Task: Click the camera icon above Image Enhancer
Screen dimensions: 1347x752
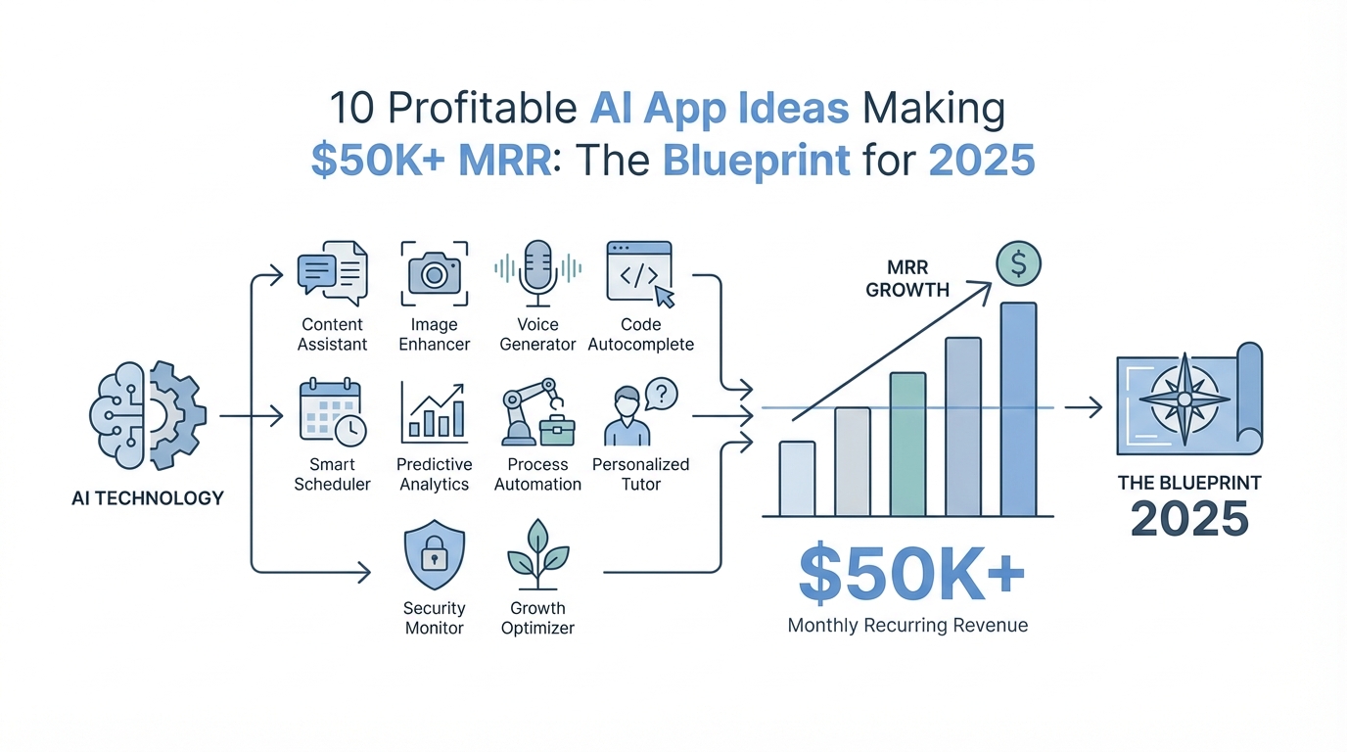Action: click(x=435, y=274)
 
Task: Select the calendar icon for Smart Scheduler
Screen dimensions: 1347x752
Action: click(x=333, y=412)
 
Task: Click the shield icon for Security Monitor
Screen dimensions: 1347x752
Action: click(x=435, y=554)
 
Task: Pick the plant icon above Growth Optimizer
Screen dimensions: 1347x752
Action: click(x=538, y=554)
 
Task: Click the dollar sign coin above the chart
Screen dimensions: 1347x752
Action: click(x=1018, y=263)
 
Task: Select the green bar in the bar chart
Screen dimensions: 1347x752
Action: click(x=907, y=444)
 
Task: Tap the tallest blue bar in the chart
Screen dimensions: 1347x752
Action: click(x=1018, y=409)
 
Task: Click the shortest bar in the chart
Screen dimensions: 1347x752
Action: click(x=798, y=479)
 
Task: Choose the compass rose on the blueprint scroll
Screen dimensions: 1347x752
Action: click(x=1184, y=399)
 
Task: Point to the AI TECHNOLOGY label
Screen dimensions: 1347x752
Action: click(x=148, y=498)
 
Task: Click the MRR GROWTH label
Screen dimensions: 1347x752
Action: click(x=907, y=278)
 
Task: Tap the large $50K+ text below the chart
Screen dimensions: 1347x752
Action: click(x=911, y=573)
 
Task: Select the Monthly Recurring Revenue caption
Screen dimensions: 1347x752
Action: click(x=907, y=626)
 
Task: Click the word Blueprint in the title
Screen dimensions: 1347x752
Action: click(x=757, y=161)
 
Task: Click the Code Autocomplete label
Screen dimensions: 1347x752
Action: click(x=640, y=335)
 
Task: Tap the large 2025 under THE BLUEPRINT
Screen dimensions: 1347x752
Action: click(x=1189, y=519)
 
